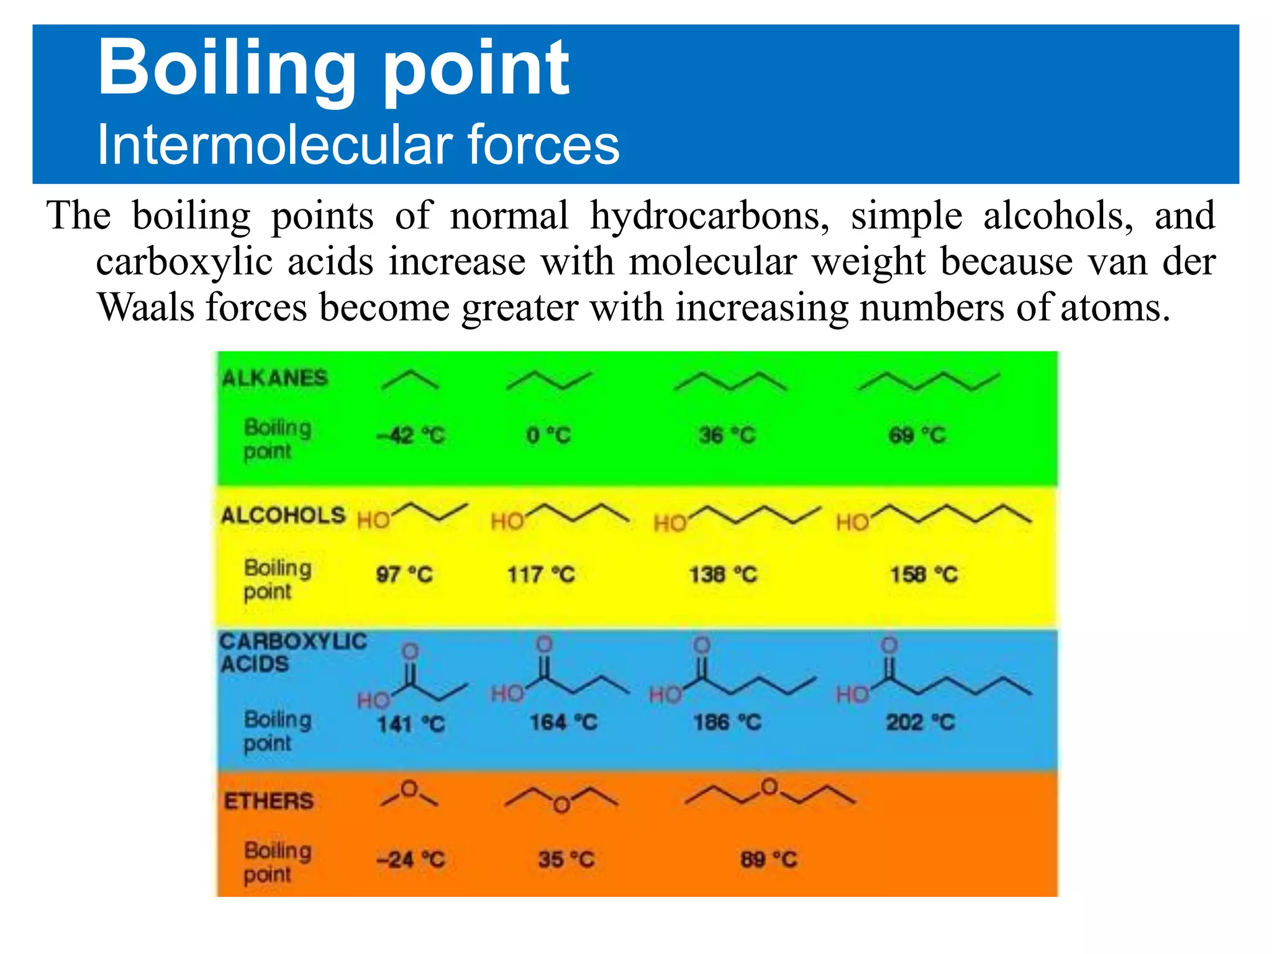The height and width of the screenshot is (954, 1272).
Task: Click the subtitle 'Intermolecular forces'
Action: pos(358,145)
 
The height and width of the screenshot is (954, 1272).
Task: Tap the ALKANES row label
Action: pos(275,378)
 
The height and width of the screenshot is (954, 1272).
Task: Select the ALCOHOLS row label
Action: pos(283,516)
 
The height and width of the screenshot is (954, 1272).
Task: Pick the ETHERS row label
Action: pos(269,801)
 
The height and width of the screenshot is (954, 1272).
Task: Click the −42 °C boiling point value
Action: pos(411,435)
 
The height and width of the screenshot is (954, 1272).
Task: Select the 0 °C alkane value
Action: pos(548,435)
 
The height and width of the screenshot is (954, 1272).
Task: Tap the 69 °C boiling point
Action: pos(917,435)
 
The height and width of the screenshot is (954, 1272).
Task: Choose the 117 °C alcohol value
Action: pos(541,575)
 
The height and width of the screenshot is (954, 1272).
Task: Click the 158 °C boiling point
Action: pos(924,575)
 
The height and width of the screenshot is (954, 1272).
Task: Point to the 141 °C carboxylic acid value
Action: pos(411,724)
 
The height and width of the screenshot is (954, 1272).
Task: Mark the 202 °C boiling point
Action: pos(920,722)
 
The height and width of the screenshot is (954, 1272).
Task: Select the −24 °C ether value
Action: pos(411,860)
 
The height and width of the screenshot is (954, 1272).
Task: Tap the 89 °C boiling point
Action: pos(768,860)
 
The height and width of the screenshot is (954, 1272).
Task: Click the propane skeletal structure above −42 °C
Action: pos(410,380)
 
